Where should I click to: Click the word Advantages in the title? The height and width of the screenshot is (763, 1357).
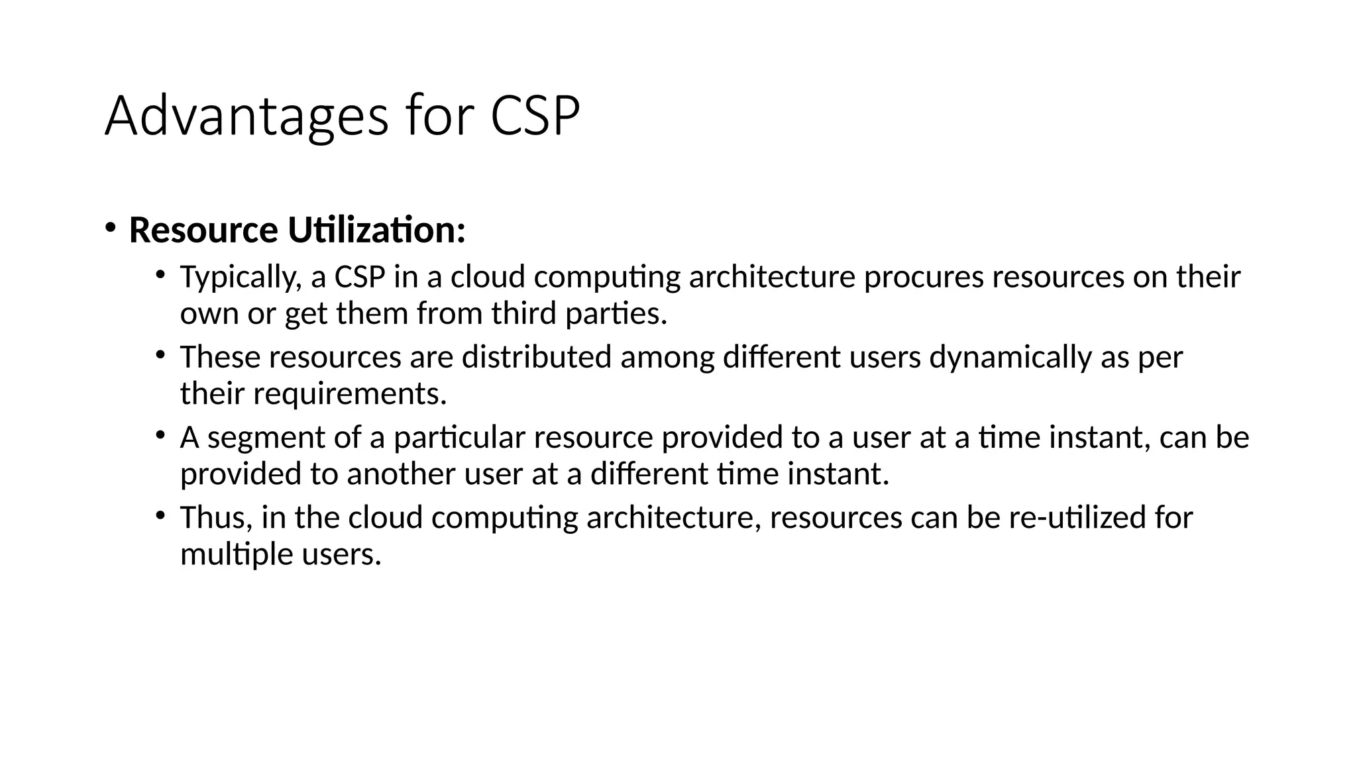click(246, 117)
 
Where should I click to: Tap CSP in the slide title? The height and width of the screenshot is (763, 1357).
click(535, 117)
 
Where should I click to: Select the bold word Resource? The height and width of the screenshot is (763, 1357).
click(203, 230)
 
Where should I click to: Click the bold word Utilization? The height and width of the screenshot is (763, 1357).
click(376, 230)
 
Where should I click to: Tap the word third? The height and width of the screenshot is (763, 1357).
click(523, 314)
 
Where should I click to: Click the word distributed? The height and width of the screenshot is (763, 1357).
click(536, 358)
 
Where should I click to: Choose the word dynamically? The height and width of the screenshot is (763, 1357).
click(1010, 358)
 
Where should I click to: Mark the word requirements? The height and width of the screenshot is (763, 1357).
click(350, 394)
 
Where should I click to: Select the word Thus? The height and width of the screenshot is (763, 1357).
click(216, 518)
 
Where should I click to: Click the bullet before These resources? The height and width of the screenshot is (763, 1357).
click(160, 355)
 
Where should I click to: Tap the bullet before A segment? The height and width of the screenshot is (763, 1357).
click(160, 435)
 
